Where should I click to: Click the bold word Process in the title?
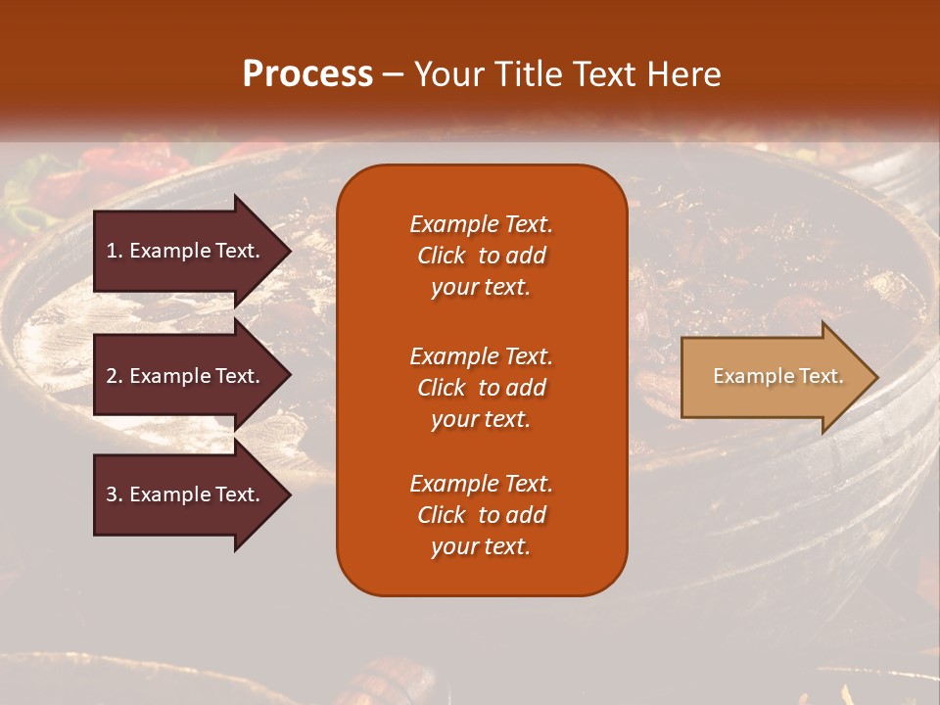[307, 74]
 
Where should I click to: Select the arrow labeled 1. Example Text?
[186, 251]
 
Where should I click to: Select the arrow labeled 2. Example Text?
[186, 376]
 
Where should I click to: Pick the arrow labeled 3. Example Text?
[186, 494]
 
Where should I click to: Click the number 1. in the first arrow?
[115, 251]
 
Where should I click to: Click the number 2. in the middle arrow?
[115, 376]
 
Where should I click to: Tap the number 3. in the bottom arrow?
[115, 494]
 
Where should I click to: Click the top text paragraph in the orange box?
[481, 256]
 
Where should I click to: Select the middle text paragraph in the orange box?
[481, 388]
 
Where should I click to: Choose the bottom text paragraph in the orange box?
[481, 515]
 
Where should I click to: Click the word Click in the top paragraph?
[442, 256]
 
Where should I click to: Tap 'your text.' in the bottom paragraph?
[481, 546]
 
